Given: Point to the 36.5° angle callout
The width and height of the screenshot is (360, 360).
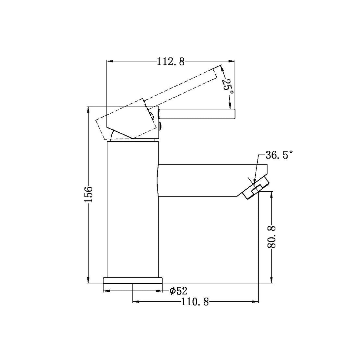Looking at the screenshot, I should click(x=279, y=155).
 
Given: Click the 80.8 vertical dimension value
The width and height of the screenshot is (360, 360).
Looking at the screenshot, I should click(x=272, y=237).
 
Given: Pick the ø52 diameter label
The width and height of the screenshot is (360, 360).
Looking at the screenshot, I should click(x=178, y=291).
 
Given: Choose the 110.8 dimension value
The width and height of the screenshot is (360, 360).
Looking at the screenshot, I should click(x=195, y=302).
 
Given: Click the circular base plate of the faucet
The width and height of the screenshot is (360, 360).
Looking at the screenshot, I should click(x=133, y=280).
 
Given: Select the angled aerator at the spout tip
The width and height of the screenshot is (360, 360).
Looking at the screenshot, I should click(x=256, y=188).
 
